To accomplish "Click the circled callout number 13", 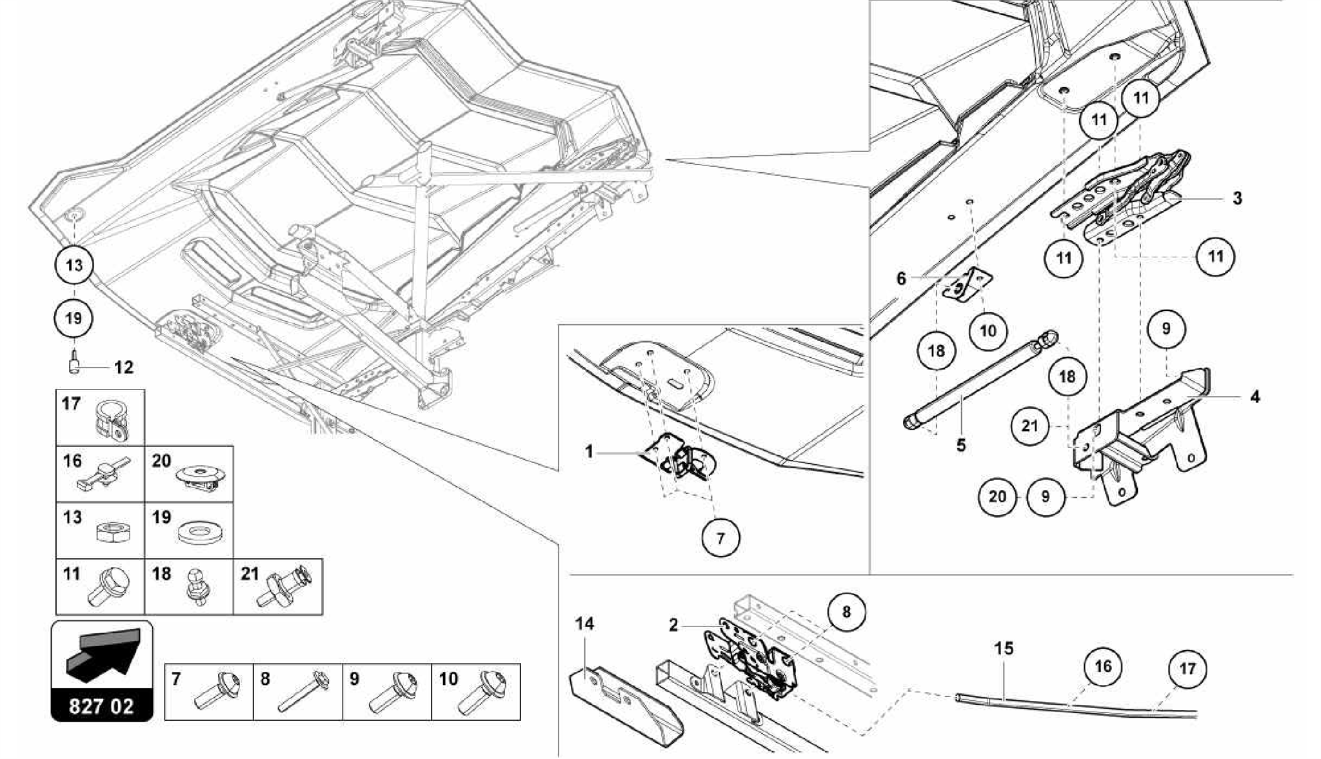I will pyautogui.click(x=74, y=265).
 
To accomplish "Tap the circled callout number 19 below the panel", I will pyautogui.click(x=74, y=318).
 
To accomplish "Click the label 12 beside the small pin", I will pyautogui.click(x=123, y=368).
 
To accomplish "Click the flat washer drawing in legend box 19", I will pyautogui.click(x=199, y=533).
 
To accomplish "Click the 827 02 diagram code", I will pyautogui.click(x=101, y=706).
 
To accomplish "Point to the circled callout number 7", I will pyautogui.click(x=720, y=538).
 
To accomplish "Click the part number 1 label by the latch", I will pyautogui.click(x=588, y=451).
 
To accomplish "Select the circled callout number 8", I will pyautogui.click(x=846, y=612).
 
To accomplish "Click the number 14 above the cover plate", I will pyautogui.click(x=584, y=624).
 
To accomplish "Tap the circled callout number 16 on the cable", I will pyautogui.click(x=1103, y=666).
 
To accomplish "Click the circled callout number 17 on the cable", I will pyautogui.click(x=1187, y=669).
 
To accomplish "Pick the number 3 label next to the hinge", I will pyautogui.click(x=1237, y=198).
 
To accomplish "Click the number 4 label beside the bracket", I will pyautogui.click(x=1254, y=397).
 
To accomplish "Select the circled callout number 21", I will pyautogui.click(x=1030, y=426).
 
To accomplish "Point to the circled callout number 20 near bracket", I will pyautogui.click(x=997, y=497).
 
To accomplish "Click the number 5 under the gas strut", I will pyautogui.click(x=961, y=445).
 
